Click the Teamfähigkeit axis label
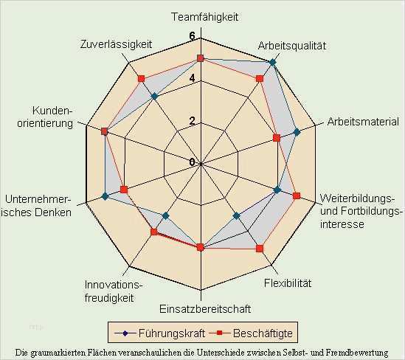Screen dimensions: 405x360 [205, 17]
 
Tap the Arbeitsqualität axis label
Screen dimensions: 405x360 [292, 46]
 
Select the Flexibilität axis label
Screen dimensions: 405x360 [288, 283]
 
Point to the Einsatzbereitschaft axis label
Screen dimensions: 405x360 [205, 309]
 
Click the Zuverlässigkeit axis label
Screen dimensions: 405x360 [117, 44]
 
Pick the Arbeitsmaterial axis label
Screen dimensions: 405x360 [363, 122]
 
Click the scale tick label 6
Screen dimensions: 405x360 [192, 36]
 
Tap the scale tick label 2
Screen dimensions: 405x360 [192, 121]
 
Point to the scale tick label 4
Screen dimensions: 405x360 [192, 78]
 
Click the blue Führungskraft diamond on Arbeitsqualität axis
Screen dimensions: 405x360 [272, 62]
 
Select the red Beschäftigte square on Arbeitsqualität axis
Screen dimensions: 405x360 [260, 78]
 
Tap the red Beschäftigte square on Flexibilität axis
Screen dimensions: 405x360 [260, 249]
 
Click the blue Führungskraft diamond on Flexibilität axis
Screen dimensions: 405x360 [236, 216]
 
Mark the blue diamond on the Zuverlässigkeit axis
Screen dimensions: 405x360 [154, 97]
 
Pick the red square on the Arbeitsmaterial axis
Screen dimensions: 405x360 [277, 138]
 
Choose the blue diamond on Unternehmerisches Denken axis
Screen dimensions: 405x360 [105, 196]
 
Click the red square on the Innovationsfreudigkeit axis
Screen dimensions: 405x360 [154, 232]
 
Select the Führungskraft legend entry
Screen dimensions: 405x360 [159, 333]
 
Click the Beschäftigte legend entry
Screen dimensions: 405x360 [251, 333]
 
